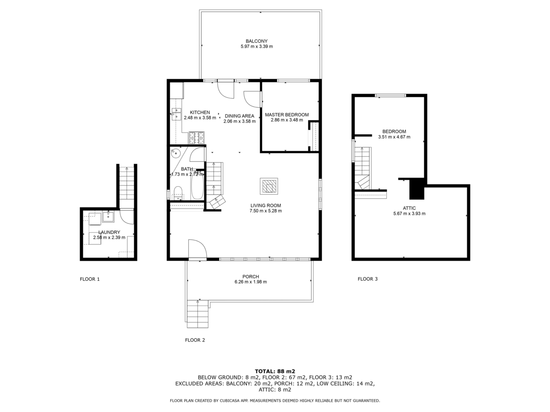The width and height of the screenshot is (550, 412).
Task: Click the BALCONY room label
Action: click(257, 41)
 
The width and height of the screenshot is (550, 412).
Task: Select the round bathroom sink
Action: click(176, 154)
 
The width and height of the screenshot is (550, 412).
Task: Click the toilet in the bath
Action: click(178, 193)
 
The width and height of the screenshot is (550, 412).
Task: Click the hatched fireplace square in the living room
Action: click(269, 186)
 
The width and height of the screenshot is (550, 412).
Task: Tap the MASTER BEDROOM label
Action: click(286, 115)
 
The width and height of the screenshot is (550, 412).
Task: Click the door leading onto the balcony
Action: click(226, 88)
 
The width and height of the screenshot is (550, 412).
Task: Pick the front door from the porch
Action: click(197, 249)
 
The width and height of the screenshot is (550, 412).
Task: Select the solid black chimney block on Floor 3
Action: click(417, 189)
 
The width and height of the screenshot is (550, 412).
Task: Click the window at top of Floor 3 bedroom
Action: click(390, 95)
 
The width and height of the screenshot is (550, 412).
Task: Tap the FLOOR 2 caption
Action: click(195, 340)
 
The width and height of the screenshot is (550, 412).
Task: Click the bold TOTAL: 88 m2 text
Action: click(275, 371)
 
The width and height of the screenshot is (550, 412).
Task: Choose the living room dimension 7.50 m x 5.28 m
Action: click(265, 211)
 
